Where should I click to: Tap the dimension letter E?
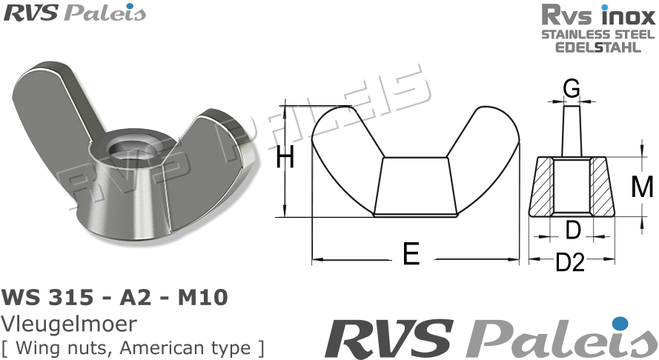tap(411, 255)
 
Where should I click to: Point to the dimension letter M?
tap(641, 187)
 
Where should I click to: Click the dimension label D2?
tap(571, 263)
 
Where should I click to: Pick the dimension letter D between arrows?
tap(572, 231)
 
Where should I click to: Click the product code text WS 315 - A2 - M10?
tap(116, 298)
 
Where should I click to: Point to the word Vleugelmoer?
tap(70, 324)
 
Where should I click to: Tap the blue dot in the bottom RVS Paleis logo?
tap(620, 323)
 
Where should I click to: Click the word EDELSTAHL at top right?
tap(598, 47)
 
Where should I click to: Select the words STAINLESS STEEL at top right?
tap(598, 34)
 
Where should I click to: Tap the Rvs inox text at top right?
tap(598, 16)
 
